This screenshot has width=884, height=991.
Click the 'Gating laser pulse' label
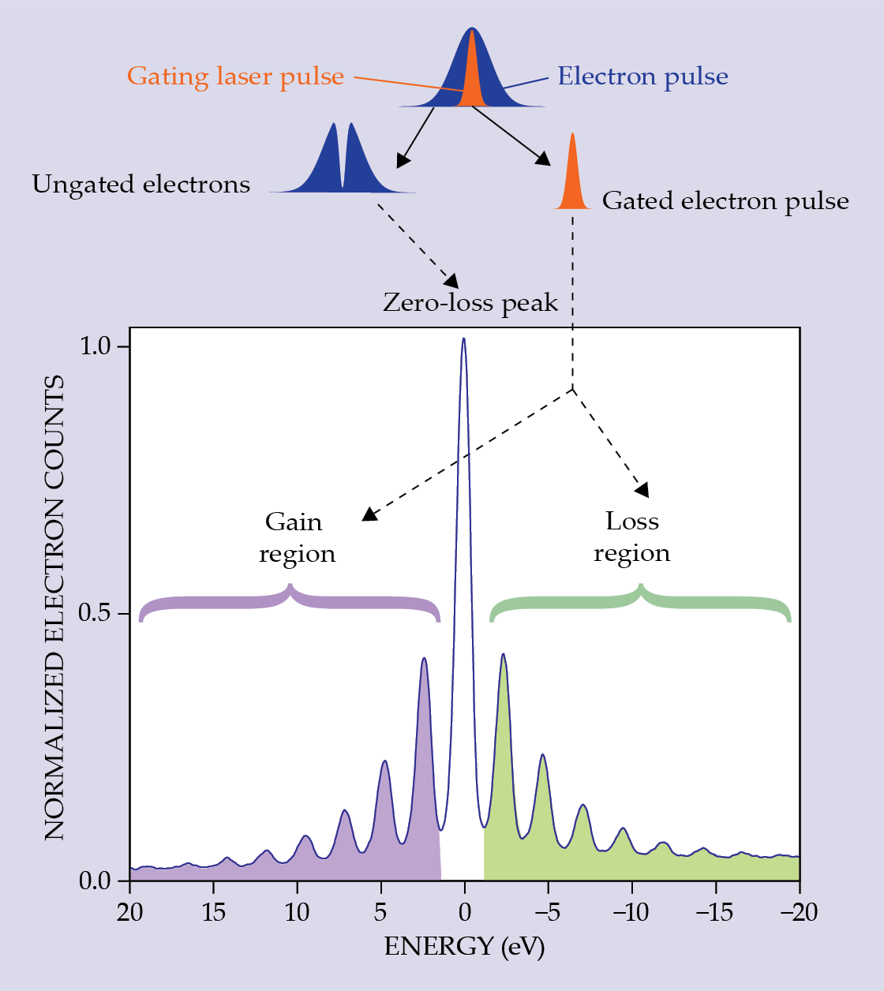(235, 77)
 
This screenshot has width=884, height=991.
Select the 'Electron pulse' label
(642, 77)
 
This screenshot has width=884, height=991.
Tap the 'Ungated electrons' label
(141, 185)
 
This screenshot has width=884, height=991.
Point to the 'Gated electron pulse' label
(725, 201)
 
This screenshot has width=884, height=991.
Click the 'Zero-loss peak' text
(470, 303)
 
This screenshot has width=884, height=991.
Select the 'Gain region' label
(297, 537)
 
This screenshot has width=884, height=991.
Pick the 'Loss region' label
(632, 537)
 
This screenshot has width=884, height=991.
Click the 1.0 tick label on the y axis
(97, 346)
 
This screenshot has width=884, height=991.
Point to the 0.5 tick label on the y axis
(97, 613)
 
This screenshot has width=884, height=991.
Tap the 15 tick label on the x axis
(213, 913)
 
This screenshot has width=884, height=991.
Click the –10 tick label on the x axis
(631, 913)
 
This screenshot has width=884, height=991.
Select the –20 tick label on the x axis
(798, 913)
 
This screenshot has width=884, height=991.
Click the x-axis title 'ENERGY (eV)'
(464, 946)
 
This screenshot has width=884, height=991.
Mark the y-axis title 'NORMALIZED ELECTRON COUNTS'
(54, 608)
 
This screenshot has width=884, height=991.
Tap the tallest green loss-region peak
(503, 656)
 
